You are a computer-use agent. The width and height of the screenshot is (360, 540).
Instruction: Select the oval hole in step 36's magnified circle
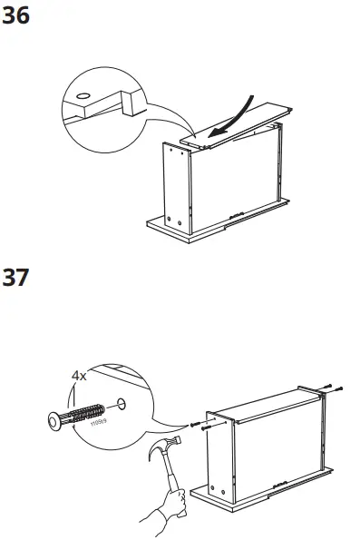(x=83, y=94)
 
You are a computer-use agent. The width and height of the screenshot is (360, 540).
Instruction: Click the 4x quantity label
(x=81, y=374)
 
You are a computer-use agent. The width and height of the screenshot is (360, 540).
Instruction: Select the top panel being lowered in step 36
(x=240, y=123)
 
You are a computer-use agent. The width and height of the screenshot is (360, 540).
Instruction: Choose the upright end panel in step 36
(x=179, y=185)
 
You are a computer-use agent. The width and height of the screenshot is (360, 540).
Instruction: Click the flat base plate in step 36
(x=218, y=219)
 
